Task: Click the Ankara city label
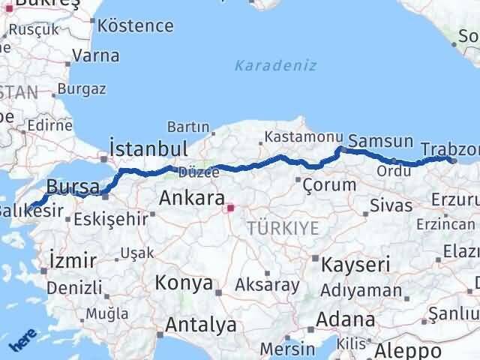pos(191,199)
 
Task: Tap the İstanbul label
pos(148,147)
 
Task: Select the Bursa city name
pos(73,185)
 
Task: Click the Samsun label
pos(381,141)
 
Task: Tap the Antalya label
pos(201,325)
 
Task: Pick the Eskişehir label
pos(112,220)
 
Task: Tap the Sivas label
pos(391,204)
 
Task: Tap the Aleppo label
pos(409,350)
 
